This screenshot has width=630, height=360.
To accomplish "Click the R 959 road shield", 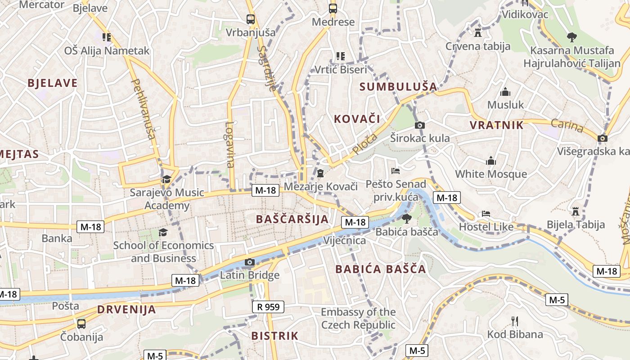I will coord(268,307).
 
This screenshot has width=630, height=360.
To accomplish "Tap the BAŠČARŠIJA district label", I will coord(292,219).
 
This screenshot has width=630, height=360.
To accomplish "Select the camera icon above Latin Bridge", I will coord(250,262).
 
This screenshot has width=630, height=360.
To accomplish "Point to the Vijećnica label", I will coord(345,240).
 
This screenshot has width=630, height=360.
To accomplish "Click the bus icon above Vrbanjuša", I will coord(251,19).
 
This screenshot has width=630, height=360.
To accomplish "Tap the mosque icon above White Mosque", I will coord(490,161).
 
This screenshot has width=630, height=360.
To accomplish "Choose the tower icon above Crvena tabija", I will coord(478,33).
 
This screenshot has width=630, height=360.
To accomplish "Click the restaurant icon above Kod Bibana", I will coord(515,321).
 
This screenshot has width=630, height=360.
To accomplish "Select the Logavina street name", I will coord(230,144).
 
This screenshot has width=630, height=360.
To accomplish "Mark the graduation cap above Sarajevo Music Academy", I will coord(166,179).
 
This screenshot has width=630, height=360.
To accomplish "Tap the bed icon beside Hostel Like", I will coord(486,214).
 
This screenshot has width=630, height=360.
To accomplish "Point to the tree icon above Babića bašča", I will coord(406,219).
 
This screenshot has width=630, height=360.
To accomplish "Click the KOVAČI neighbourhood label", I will coord(357,119).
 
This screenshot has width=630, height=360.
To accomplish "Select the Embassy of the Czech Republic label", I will coord(358,318).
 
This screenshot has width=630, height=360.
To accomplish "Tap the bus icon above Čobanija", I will coord(81,324).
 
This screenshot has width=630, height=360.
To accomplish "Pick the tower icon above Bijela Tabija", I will coord(575,211).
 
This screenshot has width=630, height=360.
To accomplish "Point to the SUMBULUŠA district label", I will coord(398,86).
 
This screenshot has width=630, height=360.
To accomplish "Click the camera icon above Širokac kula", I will coord(420,125).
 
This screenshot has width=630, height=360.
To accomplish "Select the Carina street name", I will coord(567,126).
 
